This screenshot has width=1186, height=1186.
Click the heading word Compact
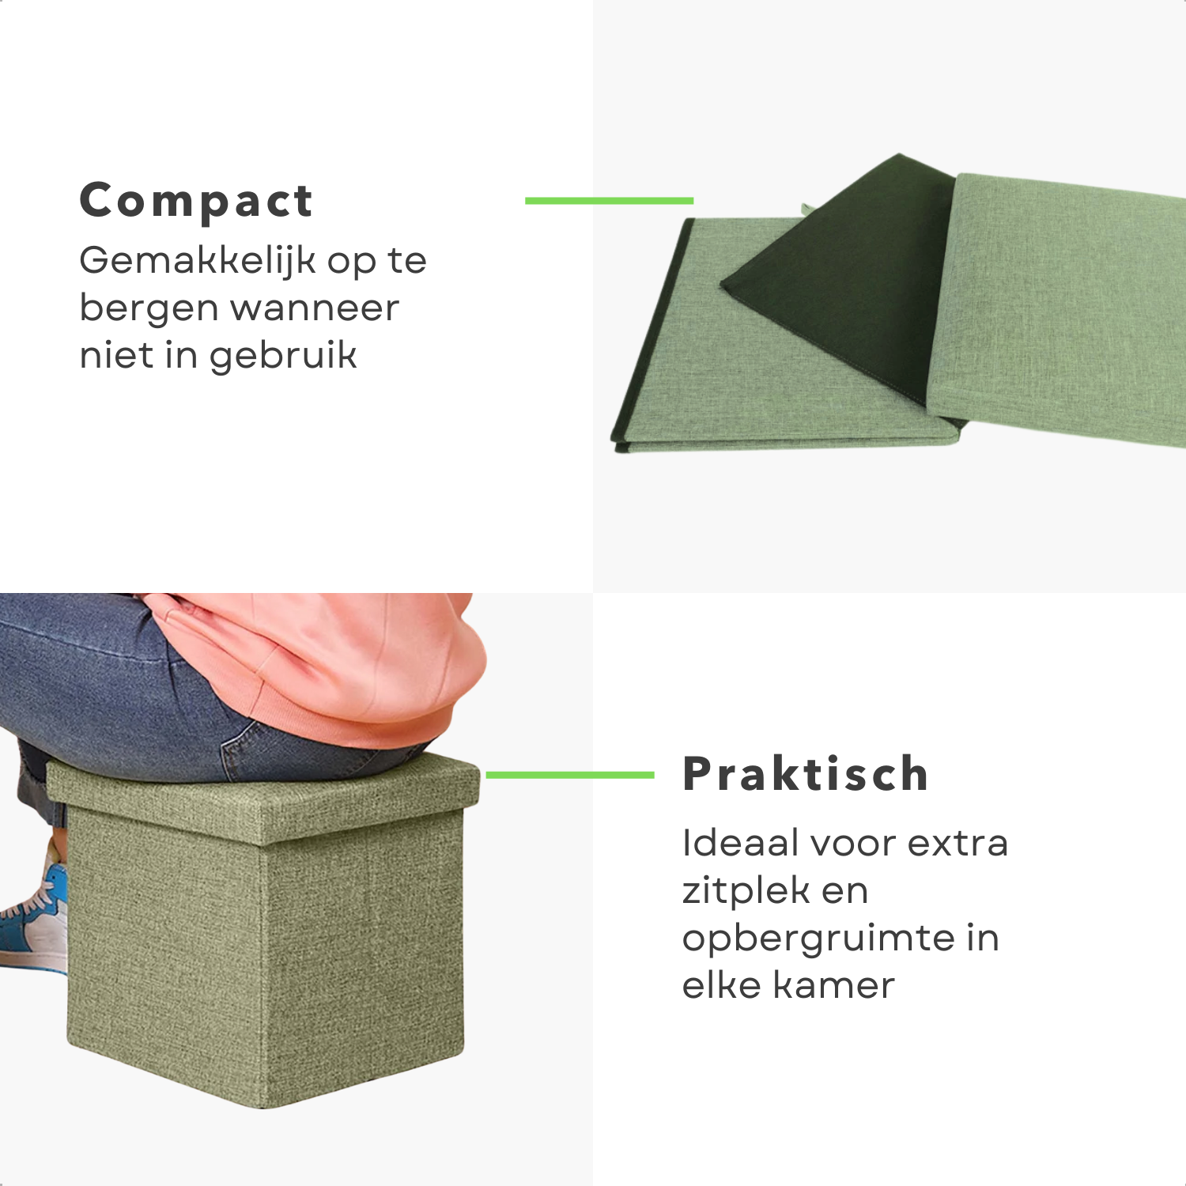pyautogui.click(x=196, y=202)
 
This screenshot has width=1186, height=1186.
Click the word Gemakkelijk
pyautogui.click(x=198, y=262)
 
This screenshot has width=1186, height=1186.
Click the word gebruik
pyautogui.click(x=283, y=357)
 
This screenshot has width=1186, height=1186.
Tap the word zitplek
pyautogui.click(x=746, y=892)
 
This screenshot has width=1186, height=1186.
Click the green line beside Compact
pyautogui.click(x=610, y=201)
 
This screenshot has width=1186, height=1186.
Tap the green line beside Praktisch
pyautogui.click(x=570, y=775)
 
